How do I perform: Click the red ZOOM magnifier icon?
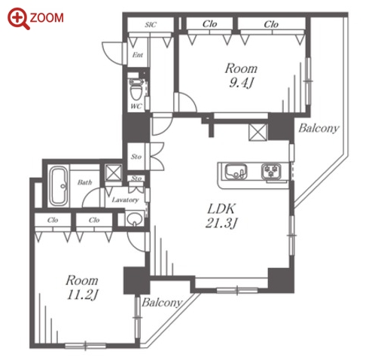coord(18,18)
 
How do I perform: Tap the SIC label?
coord(151,25)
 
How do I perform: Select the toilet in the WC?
coord(136,90)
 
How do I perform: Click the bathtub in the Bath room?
coord(58,186)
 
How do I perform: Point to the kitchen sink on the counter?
coord(236,172)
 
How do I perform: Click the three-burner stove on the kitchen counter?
coord(271,172)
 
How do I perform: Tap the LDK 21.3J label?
coord(221,216)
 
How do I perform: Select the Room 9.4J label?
coord(241,75)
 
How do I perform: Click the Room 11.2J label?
coord(82,287)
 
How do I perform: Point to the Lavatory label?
coord(125,200)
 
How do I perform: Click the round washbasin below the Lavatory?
coord(135,219)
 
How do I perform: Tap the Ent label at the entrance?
coord(138,55)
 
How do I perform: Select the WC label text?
coord(136,106)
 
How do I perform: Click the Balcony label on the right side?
coord(319,128)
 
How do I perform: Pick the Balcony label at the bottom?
coord(162,303)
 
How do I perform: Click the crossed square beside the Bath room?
coord(113,172)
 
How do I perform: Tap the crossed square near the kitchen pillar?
coord(258,132)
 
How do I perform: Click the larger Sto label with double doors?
coord(136,157)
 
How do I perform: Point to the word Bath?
coord(84,182)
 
